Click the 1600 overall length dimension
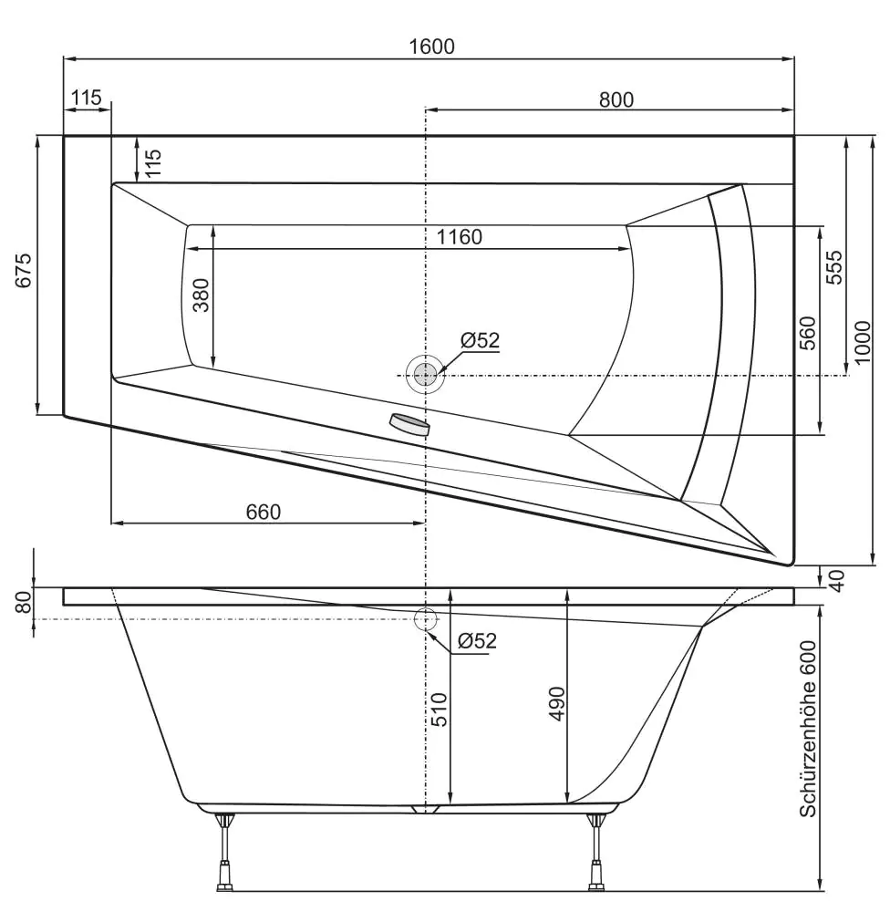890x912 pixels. [431, 47]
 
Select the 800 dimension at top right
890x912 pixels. [616, 99]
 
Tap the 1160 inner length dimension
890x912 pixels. [459, 237]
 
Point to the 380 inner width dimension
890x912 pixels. [201, 295]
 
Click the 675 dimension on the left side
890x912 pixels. [25, 271]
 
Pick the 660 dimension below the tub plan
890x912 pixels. [264, 512]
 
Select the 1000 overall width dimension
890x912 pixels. [864, 342]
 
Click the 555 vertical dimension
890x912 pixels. [834, 267]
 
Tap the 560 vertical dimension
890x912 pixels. [808, 333]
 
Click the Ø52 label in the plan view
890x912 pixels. [481, 340]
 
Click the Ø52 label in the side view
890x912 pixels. [477, 640]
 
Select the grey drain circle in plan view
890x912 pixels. [424, 374]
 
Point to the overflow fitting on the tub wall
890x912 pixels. [409, 424]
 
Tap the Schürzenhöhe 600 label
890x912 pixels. [807, 728]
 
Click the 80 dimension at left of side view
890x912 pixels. [25, 602]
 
